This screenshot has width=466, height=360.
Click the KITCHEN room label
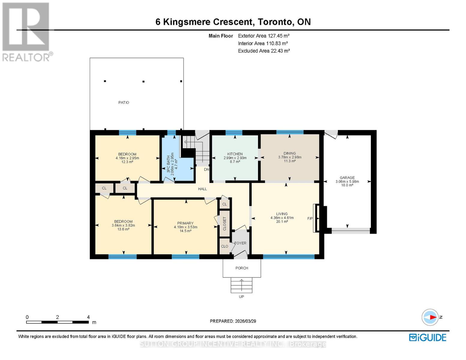pos(235,154)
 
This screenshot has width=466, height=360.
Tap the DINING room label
pos(290,153)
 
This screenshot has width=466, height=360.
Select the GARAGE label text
pos(347,178)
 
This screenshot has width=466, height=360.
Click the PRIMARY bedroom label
pos(185,223)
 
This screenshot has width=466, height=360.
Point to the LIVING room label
pos(282,214)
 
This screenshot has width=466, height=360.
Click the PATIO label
pos(124,103)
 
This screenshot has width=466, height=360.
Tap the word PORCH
pos(242,268)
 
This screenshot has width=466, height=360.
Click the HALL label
pos(202,189)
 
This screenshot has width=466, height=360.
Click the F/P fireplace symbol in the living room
pos(316,218)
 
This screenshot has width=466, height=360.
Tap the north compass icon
pos(430,317)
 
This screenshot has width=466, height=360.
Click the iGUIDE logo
pos(428,337)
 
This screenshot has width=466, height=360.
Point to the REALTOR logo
pos(26,31)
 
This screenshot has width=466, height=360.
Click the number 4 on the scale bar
pos(88,317)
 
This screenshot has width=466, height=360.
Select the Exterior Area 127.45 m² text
pos(263,36)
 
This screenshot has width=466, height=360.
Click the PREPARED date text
pos(233,321)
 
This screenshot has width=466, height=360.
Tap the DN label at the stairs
pos(206,169)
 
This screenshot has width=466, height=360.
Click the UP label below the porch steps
pos(241,297)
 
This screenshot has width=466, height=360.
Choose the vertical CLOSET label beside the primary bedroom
pos(224,223)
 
